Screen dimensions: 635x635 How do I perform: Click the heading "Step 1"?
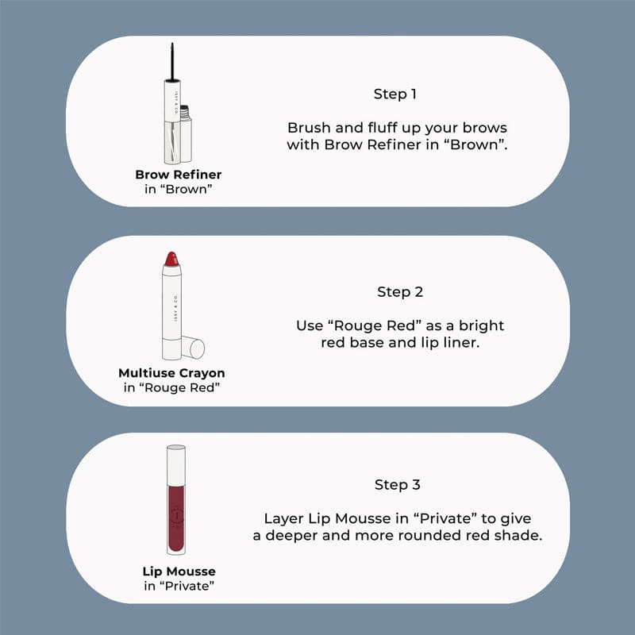(x=394, y=94)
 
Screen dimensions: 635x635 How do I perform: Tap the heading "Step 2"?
(x=400, y=292)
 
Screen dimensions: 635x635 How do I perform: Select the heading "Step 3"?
(x=398, y=485)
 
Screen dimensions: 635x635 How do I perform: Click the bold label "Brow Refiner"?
(x=178, y=175)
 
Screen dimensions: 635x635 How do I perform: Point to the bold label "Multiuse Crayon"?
(x=171, y=373)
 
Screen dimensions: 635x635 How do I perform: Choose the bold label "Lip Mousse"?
(x=179, y=571)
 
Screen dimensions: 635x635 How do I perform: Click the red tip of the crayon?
(x=171, y=259)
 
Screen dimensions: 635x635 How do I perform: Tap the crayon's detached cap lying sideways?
(x=193, y=347)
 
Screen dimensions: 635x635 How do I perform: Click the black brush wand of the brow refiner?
(x=172, y=62)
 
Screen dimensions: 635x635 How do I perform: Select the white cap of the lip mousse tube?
(x=176, y=465)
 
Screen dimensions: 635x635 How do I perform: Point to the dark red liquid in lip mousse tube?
(x=176, y=518)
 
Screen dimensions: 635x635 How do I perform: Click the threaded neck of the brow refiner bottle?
(x=185, y=112)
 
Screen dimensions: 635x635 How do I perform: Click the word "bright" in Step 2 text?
(x=482, y=326)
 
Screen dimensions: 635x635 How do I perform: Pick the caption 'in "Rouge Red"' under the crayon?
(x=171, y=387)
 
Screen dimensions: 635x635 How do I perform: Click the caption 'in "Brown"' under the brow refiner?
(x=178, y=189)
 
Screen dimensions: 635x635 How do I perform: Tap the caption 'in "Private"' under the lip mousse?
(x=179, y=586)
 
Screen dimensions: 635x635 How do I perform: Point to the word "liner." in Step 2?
(x=462, y=343)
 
